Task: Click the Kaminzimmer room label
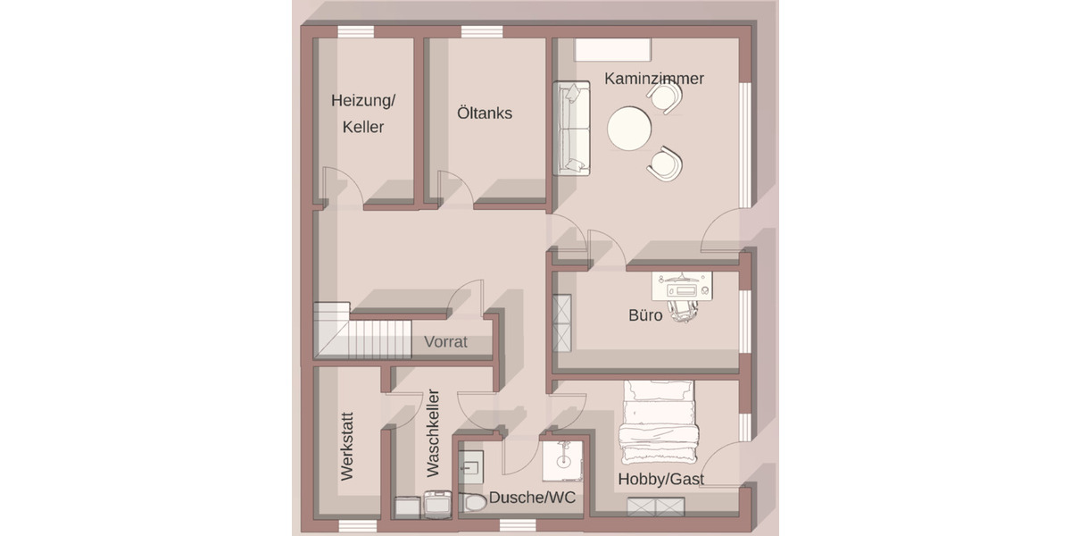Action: [x=654, y=79]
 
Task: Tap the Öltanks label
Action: [x=485, y=113]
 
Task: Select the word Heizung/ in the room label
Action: [x=362, y=101]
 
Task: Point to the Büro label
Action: [x=645, y=315]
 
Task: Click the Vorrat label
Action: [x=445, y=342]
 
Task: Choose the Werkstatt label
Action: [x=347, y=446]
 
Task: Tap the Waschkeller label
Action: [x=433, y=431]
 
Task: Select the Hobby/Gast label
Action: [x=661, y=480]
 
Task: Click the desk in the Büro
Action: [x=683, y=286]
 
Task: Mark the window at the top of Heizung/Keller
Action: [x=355, y=32]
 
